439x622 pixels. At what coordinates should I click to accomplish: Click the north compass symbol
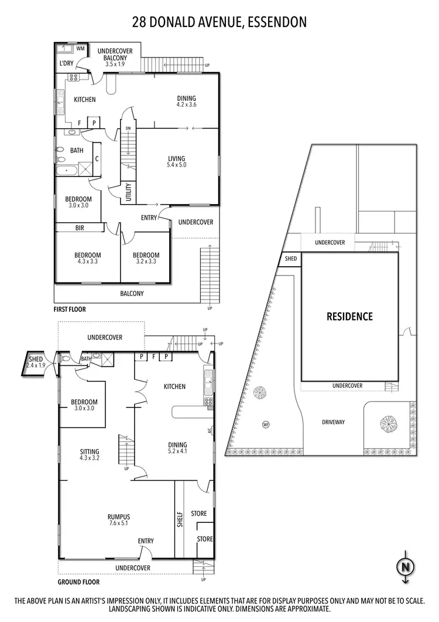(x=404, y=567)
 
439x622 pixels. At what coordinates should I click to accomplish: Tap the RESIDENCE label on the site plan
(x=349, y=317)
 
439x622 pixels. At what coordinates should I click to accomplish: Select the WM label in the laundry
(x=80, y=49)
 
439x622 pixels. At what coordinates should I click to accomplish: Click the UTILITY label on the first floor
(x=128, y=193)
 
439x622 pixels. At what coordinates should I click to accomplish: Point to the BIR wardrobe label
(x=80, y=227)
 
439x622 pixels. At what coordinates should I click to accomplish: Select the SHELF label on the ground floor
(x=180, y=520)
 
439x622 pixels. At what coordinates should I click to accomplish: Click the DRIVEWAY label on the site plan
(x=333, y=422)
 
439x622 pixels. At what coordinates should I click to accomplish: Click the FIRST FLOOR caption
(x=70, y=309)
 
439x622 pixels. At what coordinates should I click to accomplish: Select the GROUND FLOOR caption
(x=78, y=582)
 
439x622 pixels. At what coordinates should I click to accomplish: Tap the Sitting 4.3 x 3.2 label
(x=90, y=455)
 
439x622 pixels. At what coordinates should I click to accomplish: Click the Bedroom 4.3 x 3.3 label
(x=87, y=259)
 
